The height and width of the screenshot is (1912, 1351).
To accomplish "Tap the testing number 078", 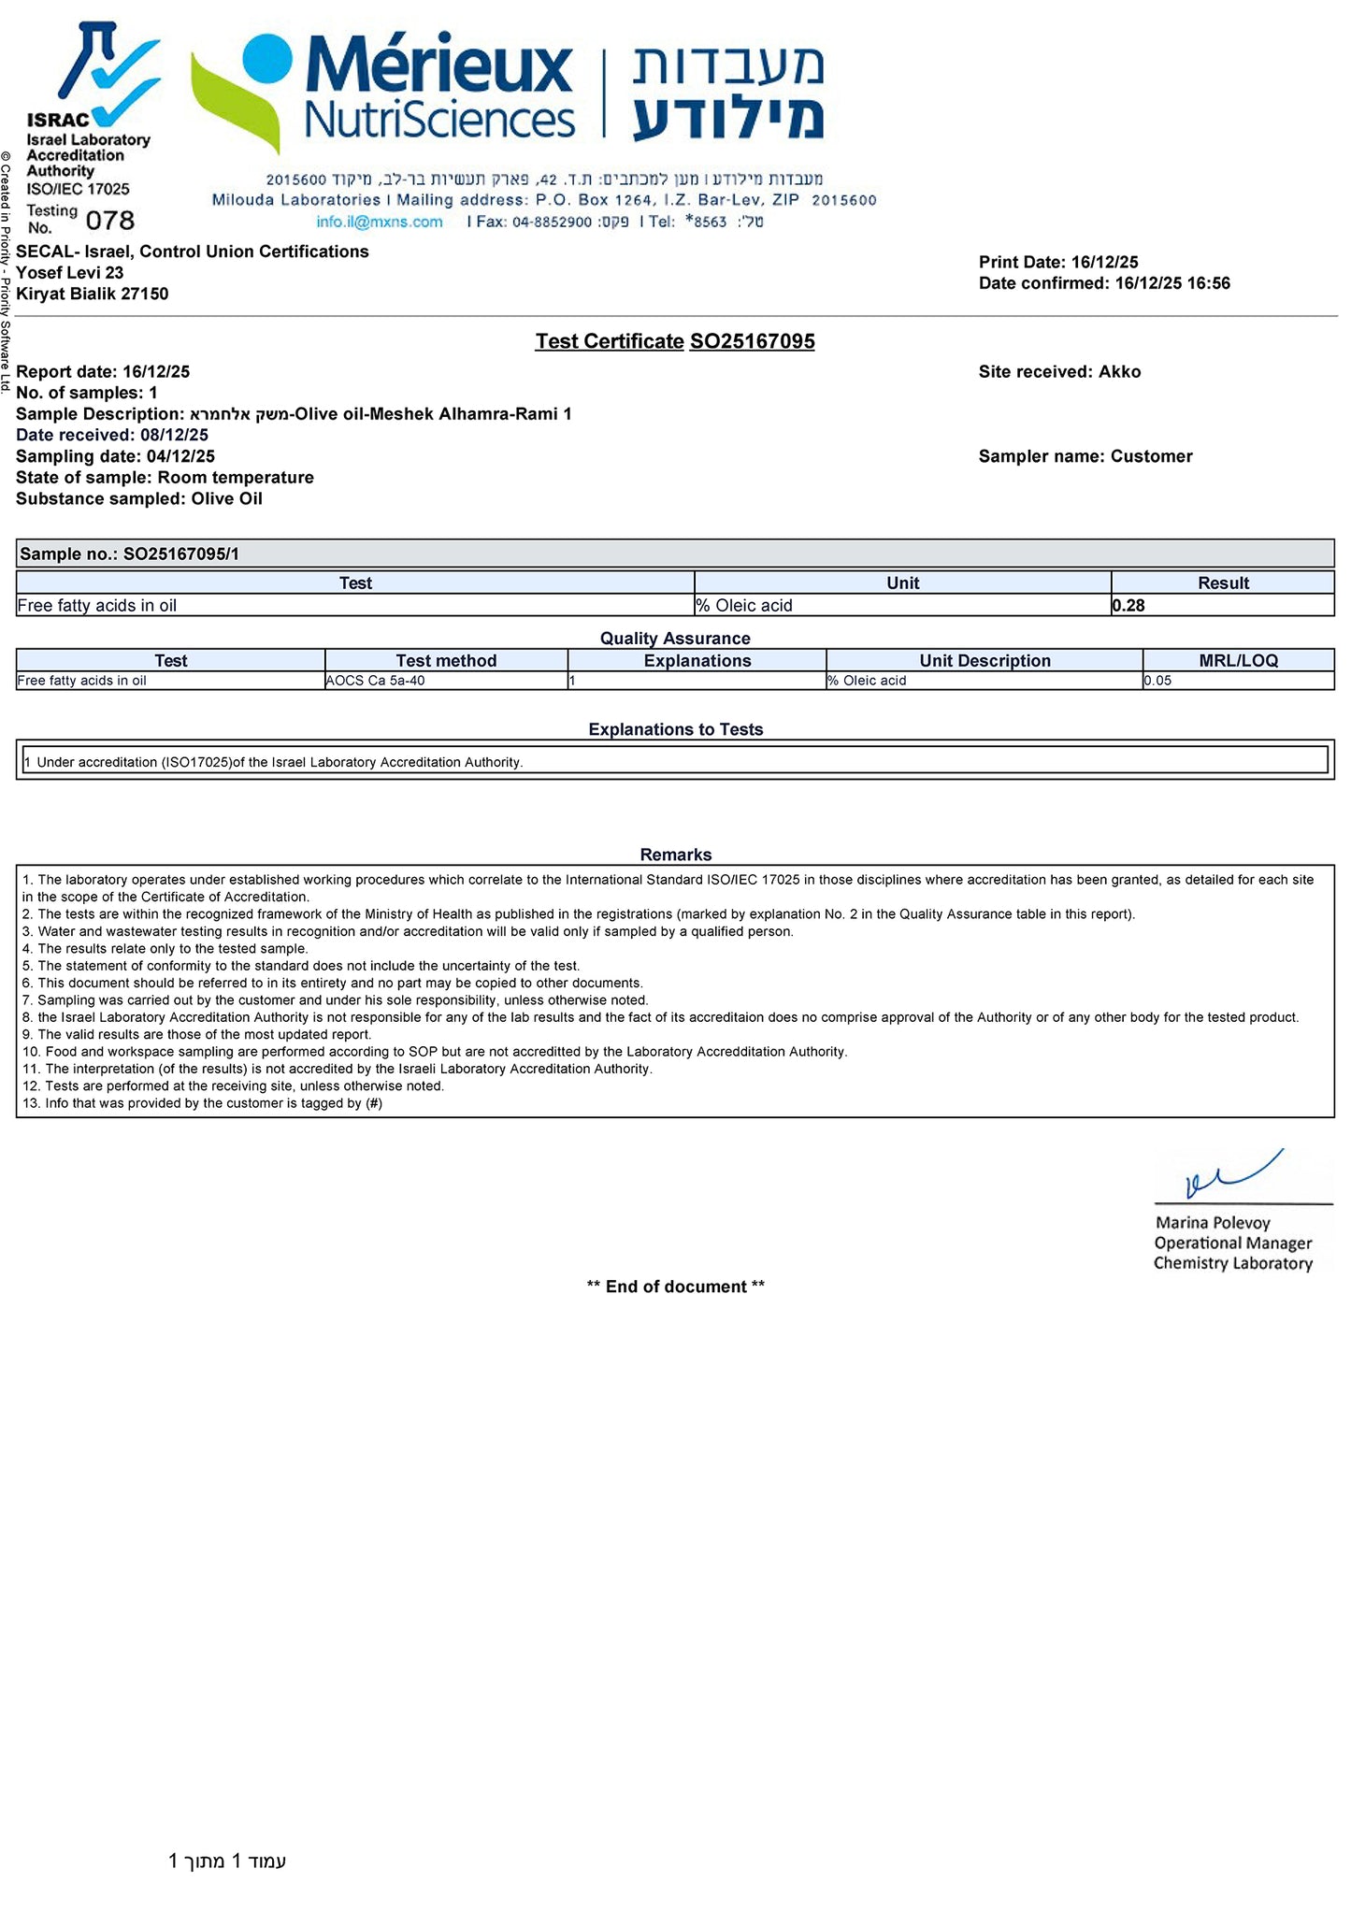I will tap(110, 221).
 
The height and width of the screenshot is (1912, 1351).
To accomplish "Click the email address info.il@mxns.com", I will tap(379, 222).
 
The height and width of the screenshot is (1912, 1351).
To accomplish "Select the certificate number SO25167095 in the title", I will tap(752, 341).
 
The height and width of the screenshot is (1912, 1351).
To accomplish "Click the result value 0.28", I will tap(1128, 606).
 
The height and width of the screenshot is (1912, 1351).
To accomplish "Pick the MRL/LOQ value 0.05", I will tap(1157, 681).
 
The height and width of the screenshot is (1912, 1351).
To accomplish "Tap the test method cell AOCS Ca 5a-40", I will tap(375, 681).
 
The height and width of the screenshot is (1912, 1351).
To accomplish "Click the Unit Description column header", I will tap(985, 660).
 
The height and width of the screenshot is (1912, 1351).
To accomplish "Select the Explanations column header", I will tap(697, 660).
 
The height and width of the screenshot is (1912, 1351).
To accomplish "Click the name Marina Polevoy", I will tap(1213, 1223).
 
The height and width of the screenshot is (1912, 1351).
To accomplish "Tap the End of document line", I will tap(675, 1287).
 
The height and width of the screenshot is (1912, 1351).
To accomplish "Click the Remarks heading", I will tap(675, 855).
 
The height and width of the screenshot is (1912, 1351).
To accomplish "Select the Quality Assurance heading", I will tap(675, 639).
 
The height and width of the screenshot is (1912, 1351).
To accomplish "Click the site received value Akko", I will tap(1119, 372).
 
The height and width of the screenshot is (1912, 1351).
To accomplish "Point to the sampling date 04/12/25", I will tap(180, 456).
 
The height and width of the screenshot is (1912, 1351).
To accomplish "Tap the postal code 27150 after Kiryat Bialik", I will tap(144, 294).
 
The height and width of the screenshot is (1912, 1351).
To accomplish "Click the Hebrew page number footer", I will tap(227, 1861).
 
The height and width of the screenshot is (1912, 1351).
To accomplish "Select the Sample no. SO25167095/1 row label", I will tap(129, 553).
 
